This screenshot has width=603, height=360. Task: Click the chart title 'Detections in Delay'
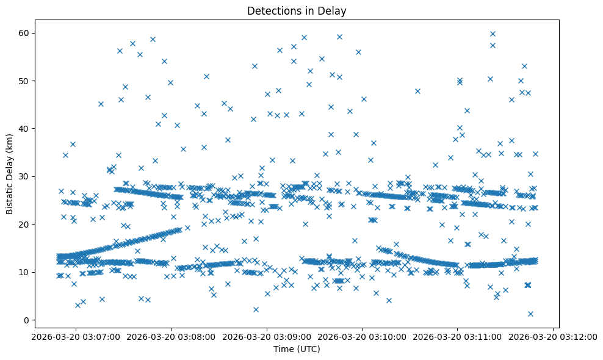point(296,11)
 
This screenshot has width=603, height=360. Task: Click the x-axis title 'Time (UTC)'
point(296,350)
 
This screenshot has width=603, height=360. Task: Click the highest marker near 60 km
point(493,34)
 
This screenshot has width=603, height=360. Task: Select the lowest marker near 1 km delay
point(530,314)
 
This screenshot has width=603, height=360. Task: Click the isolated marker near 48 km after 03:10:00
point(417,91)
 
